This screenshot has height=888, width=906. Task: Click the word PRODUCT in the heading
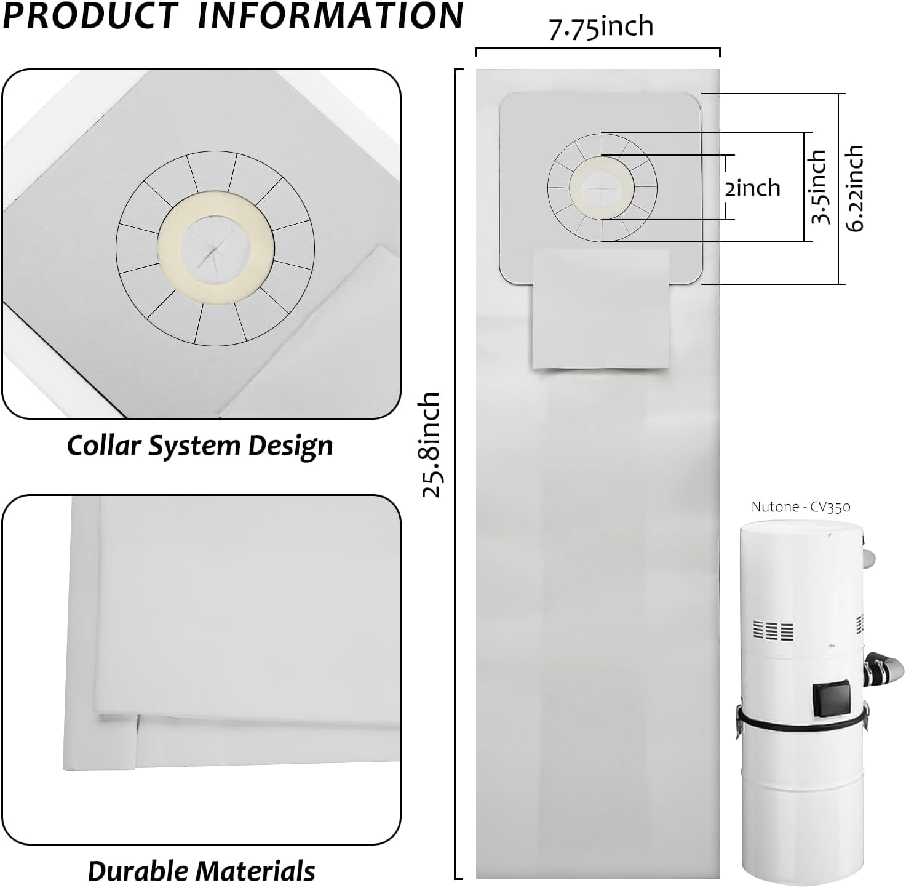click(91, 15)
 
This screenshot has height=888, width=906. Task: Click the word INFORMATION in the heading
click(331, 15)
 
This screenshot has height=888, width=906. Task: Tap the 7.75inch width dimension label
click(602, 27)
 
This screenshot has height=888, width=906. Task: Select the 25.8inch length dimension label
click(431, 444)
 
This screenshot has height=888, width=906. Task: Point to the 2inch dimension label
click(752, 188)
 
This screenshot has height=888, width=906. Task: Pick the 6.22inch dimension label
click(854, 188)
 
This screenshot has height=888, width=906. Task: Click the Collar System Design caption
click(200, 446)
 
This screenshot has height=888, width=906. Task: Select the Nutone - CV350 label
click(801, 507)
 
